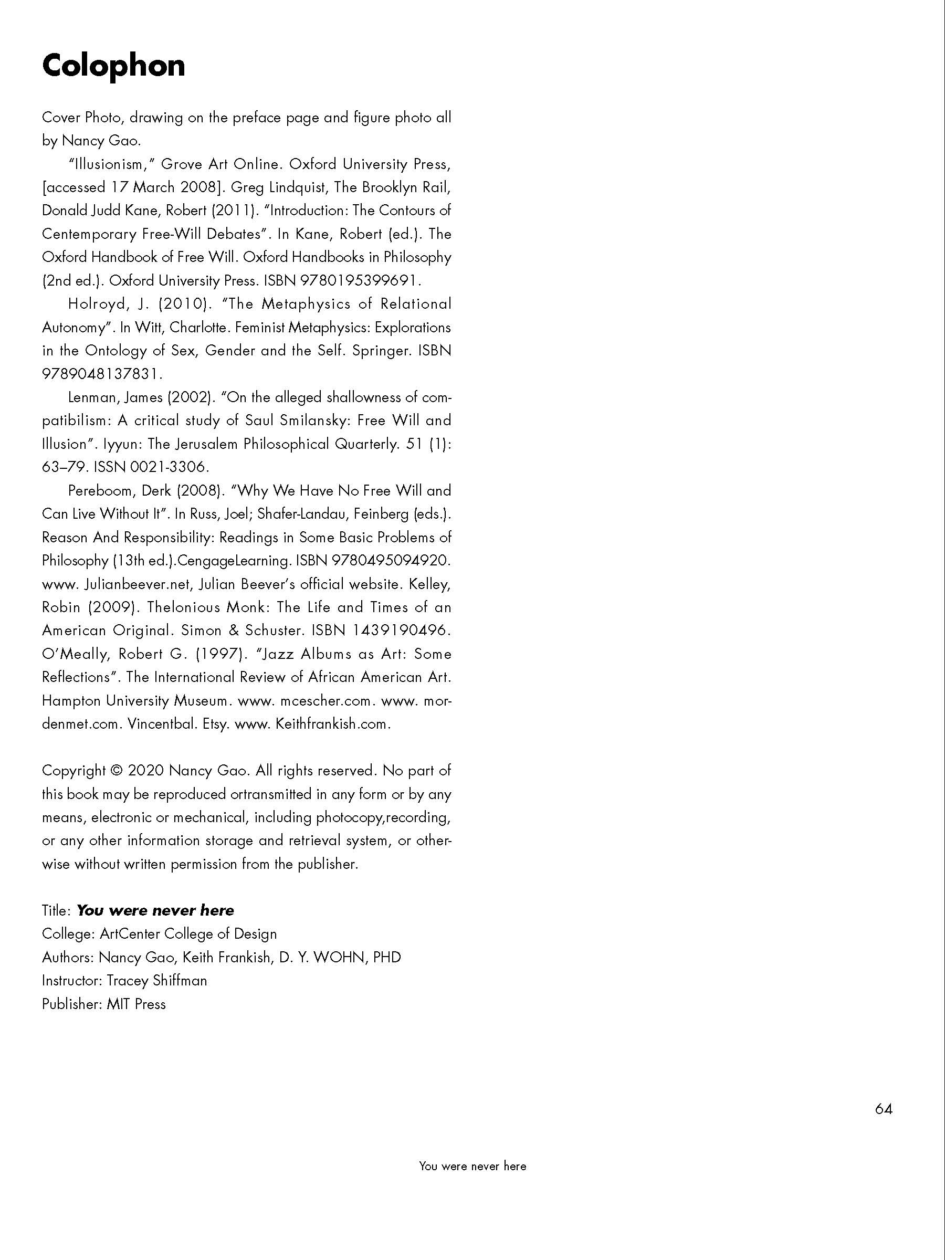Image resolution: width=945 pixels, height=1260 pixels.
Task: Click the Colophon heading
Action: (x=113, y=66)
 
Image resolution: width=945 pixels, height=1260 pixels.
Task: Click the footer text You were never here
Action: (x=472, y=1166)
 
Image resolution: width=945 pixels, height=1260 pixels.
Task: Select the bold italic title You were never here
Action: (x=155, y=910)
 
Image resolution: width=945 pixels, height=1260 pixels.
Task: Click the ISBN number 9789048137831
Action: (x=101, y=374)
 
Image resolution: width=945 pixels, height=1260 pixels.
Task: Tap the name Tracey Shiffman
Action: (x=156, y=980)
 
